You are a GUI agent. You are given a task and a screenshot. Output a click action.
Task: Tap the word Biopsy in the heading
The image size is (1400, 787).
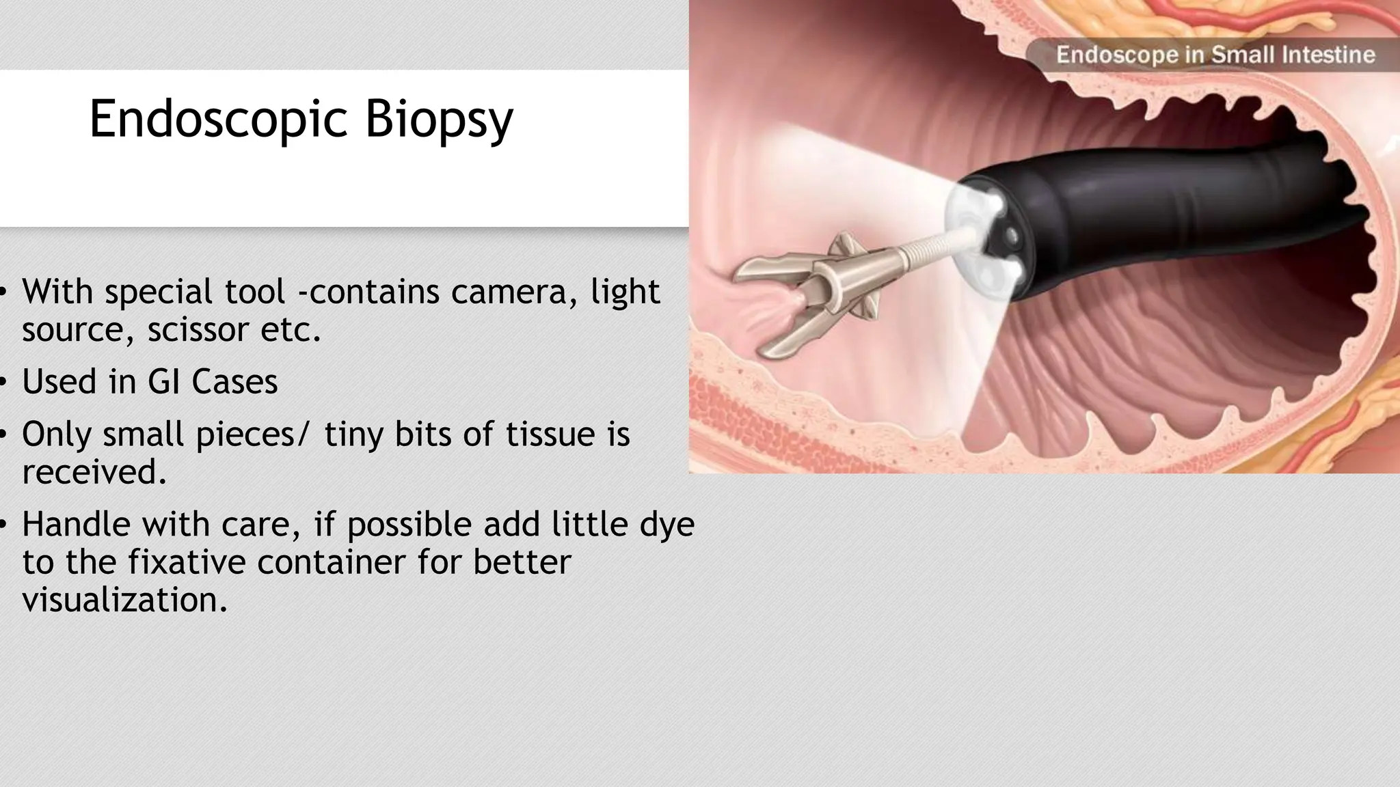click(x=438, y=120)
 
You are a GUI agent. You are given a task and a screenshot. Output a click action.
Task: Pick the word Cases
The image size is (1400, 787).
click(x=234, y=382)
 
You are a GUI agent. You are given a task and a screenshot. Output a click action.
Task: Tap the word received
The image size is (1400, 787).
click(x=94, y=472)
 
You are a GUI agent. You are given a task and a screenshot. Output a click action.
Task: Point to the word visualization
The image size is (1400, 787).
click(x=124, y=600)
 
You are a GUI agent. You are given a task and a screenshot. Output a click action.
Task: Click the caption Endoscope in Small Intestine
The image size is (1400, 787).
click(x=1215, y=55)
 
